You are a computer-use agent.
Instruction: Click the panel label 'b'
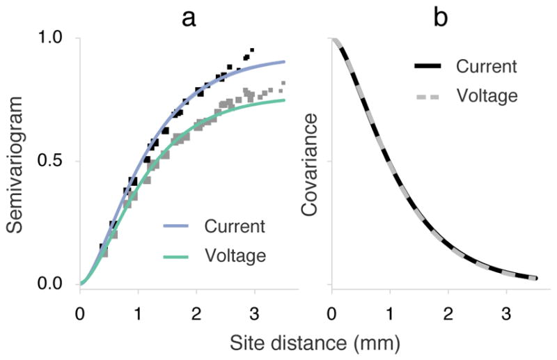click(440, 17)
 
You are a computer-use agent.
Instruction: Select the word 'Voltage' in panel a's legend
click(235, 256)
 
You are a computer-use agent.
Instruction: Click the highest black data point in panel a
click(252, 50)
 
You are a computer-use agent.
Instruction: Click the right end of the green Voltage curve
click(284, 100)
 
